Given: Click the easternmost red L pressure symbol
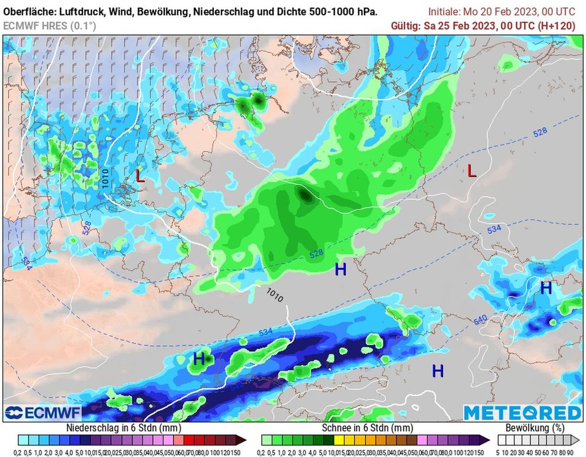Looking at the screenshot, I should [472, 171].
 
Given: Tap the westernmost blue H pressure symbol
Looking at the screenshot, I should [199, 359].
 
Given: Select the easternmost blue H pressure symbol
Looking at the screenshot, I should [546, 288].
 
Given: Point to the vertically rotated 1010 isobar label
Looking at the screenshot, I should [105, 179].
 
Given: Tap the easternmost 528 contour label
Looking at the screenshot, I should [540, 133].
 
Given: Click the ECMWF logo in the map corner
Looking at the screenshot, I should [43, 413].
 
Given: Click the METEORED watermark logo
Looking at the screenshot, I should [522, 413].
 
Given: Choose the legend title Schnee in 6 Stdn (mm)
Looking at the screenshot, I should [367, 428].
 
